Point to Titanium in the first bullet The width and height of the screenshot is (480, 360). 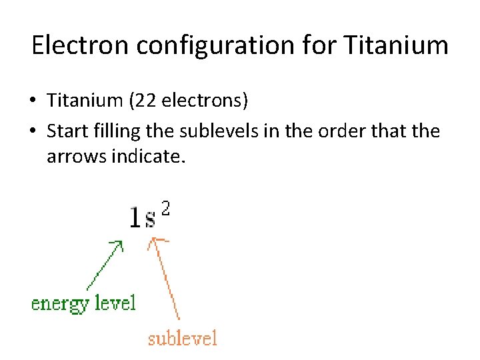pos(85,101)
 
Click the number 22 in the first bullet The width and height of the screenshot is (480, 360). pos(147,101)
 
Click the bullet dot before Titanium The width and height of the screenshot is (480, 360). pos(33,102)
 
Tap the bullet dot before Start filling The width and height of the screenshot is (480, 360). pos(33,132)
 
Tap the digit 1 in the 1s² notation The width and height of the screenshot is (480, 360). pos(135,217)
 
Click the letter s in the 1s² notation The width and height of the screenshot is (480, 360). pos(150,219)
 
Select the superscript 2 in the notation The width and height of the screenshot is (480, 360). pos(165,209)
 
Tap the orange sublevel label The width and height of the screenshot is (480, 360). pos(183,339)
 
